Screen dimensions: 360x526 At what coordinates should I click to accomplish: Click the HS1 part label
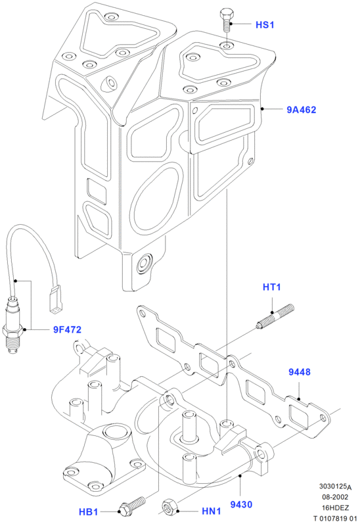(265, 25)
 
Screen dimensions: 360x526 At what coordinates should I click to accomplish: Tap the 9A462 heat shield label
(302, 110)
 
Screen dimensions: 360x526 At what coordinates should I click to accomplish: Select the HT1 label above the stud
(271, 287)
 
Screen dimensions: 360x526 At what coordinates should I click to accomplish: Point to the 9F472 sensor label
(68, 330)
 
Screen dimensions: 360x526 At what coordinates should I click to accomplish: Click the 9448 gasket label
(300, 372)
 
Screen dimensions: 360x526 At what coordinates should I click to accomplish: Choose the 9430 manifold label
(241, 504)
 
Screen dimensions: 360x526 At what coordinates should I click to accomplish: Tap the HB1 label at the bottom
(89, 512)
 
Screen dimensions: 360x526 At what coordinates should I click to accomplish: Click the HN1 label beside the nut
(212, 512)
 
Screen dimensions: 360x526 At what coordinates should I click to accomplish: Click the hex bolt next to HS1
(226, 20)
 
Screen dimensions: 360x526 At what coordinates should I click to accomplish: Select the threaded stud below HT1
(275, 316)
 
